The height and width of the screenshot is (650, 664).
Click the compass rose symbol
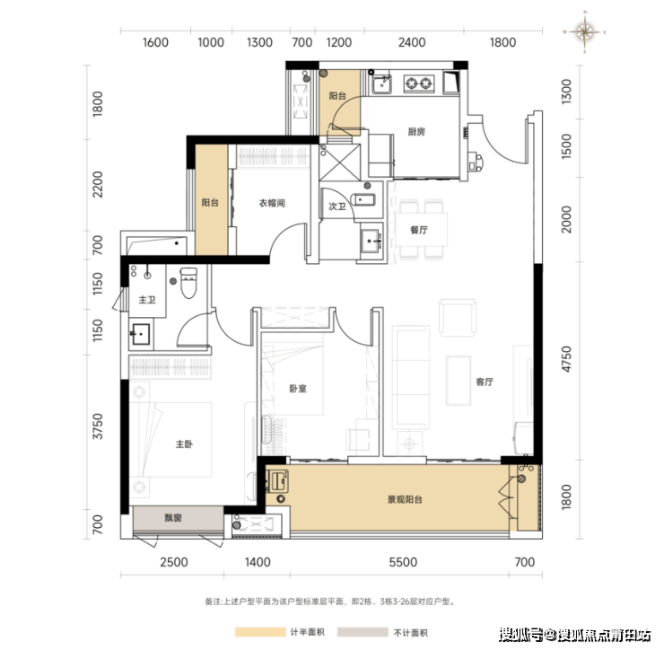pyautogui.click(x=584, y=31)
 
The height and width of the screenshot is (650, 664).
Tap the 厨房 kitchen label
pyautogui.click(x=416, y=132)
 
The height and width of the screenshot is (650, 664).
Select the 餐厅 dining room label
pyautogui.click(x=419, y=230)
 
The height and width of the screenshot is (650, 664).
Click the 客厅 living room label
pyautogui.click(x=485, y=382)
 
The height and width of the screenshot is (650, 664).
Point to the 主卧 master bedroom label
pyautogui.click(x=184, y=444)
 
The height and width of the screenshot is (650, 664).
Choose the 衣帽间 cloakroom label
pyautogui.click(x=272, y=203)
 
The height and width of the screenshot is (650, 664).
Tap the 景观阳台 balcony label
pyautogui.click(x=405, y=499)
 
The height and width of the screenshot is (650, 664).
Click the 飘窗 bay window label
pyautogui.click(x=173, y=517)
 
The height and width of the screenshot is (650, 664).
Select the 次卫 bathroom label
pyautogui.click(x=337, y=206)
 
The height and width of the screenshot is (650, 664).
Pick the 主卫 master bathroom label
pyautogui.click(x=147, y=300)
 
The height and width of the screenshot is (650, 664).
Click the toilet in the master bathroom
pyautogui.click(x=188, y=283)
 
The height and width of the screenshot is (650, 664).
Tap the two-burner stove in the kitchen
pyautogui.click(x=419, y=83)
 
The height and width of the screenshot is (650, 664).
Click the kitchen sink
pyautogui.click(x=381, y=84)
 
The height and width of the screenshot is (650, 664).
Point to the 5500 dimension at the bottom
pyautogui.click(x=403, y=562)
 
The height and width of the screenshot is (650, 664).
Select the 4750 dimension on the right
pyautogui.click(x=566, y=359)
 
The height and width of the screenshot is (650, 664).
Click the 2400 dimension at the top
pyautogui.click(x=412, y=42)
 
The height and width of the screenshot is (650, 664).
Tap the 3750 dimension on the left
pyautogui.click(x=98, y=426)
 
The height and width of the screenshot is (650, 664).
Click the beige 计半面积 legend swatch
pyautogui.click(x=260, y=632)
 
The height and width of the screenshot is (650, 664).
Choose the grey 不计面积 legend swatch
pyautogui.click(x=363, y=632)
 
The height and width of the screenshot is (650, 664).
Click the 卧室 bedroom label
pyautogui.click(x=298, y=389)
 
